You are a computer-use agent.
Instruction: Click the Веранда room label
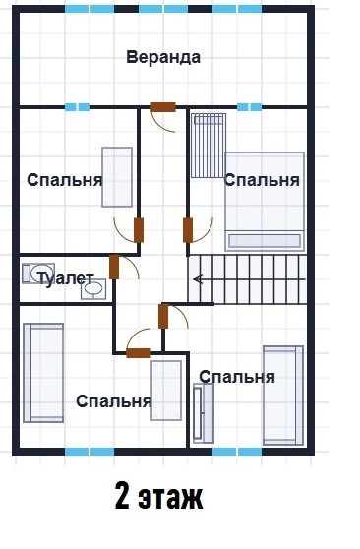coord(163,57)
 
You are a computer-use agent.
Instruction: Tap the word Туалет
coord(66,278)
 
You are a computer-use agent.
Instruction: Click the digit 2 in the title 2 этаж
coord(122,496)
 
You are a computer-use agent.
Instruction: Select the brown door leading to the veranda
coord(163,107)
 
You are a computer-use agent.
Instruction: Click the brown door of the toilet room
coord(114,268)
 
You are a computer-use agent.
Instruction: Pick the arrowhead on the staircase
coord(198,279)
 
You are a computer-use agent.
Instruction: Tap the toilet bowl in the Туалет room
coord(38,274)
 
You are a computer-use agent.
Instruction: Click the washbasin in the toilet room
coord(93,289)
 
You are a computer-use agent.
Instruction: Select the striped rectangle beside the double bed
coord(209,146)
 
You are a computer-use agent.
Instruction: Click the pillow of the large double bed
coord(265,240)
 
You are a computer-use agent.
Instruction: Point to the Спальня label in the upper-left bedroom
coord(65,180)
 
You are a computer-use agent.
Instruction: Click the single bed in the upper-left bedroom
coord(117,177)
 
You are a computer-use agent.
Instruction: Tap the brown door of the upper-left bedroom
coord(139,230)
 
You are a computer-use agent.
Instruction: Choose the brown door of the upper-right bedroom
coord(188,230)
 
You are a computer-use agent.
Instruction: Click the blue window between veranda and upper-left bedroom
coord(77,107)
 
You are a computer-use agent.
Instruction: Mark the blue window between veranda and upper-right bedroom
coord(249,107)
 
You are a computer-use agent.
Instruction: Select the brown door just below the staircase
coord(163,316)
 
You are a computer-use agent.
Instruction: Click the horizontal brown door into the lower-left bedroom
coord(139,353)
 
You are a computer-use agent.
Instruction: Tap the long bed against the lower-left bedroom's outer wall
coord(43,373)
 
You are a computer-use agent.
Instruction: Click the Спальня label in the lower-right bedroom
coord(237,377)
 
